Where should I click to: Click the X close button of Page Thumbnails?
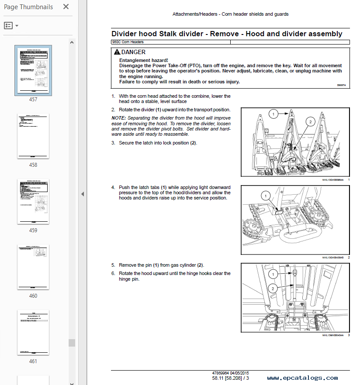pyautogui.click(x=66, y=7)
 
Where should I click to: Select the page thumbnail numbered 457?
pyautogui.click(x=33, y=70)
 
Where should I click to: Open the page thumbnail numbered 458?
pyautogui.click(x=33, y=136)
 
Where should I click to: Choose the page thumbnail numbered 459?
pyautogui.click(x=33, y=201)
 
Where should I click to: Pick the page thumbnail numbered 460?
pyautogui.click(x=33, y=267)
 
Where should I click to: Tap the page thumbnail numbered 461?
pyautogui.click(x=33, y=332)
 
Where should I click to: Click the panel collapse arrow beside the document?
pyautogui.click(x=83, y=194)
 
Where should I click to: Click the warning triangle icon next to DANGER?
pyautogui.click(x=117, y=52)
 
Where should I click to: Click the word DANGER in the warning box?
pyautogui.click(x=133, y=52)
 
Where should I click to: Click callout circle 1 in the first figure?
pyautogui.click(x=273, y=114)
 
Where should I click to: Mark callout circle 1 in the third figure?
pyautogui.click(x=273, y=274)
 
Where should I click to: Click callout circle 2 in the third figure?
pyautogui.click(x=273, y=289)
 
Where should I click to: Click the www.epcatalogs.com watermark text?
pyautogui.click(x=302, y=378)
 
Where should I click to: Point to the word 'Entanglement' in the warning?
pyautogui.click(x=134, y=60)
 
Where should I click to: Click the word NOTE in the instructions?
pyautogui.click(x=118, y=118)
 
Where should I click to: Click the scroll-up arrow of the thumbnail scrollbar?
pyautogui.click(x=72, y=42)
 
